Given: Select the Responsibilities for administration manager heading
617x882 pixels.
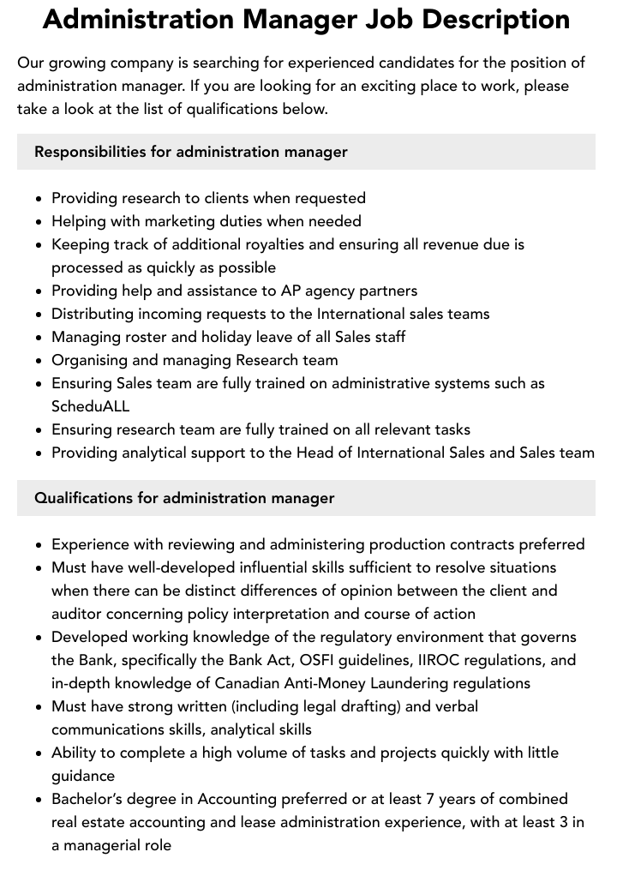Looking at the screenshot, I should [x=191, y=152].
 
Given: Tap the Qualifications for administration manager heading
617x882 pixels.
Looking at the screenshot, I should [x=184, y=498].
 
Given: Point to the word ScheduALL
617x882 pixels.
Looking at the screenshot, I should [x=91, y=406].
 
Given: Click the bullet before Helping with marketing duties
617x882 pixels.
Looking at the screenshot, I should [x=39, y=222].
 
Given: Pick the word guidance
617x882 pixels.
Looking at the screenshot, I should [x=83, y=776].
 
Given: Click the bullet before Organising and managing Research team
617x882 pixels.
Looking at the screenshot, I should [x=39, y=361].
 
